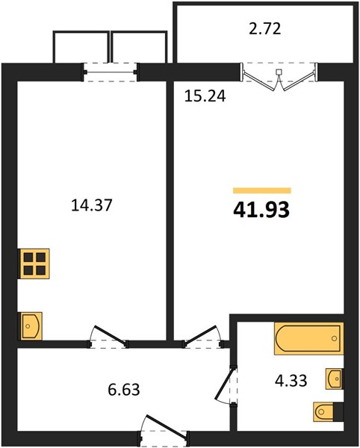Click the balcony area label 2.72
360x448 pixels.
(x=265, y=29)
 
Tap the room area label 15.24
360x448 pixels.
(x=205, y=96)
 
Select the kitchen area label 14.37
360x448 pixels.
(x=92, y=205)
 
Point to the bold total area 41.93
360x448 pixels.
(x=261, y=210)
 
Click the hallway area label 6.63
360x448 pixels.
(x=124, y=390)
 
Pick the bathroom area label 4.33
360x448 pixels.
(x=291, y=380)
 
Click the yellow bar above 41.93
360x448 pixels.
(x=262, y=190)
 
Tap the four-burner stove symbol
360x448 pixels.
(x=34, y=264)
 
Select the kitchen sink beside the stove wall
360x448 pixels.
(x=31, y=326)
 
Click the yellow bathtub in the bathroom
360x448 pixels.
(x=309, y=338)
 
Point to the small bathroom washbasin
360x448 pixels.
(x=335, y=379)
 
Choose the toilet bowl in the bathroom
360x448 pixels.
(x=323, y=411)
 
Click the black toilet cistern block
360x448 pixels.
(x=338, y=411)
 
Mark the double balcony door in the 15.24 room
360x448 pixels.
(x=279, y=77)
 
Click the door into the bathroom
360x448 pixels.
(x=226, y=385)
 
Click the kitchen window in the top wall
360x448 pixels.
(x=111, y=72)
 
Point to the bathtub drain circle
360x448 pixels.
(x=335, y=338)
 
